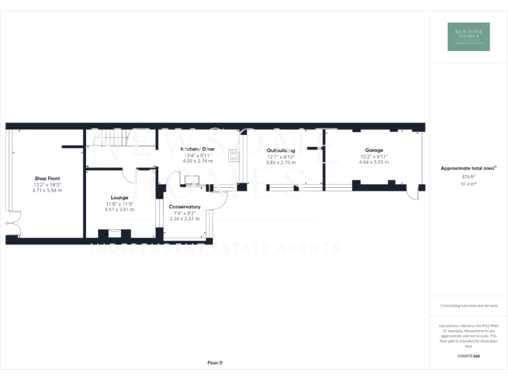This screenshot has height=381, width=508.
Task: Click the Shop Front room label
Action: click(x=46, y=179)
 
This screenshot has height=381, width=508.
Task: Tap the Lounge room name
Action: click(x=120, y=198)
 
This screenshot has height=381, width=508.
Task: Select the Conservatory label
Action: click(x=185, y=207)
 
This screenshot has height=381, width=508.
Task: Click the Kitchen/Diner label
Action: click(x=198, y=149)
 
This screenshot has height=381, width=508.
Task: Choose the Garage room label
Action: click(x=374, y=150)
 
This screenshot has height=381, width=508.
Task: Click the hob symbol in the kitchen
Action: click(x=234, y=155)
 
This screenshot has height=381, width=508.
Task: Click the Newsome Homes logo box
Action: click(x=469, y=36)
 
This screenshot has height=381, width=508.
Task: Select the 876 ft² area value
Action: click(x=468, y=177)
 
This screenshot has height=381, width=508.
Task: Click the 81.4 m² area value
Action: click(x=468, y=184)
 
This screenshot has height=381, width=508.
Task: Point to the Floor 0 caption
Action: click(x=215, y=362)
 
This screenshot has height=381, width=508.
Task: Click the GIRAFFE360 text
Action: click(x=468, y=356)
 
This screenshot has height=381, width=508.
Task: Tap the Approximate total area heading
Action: click(x=468, y=169)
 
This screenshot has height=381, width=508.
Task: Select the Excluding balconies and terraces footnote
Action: click(x=468, y=306)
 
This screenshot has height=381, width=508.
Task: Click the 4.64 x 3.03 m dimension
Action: click(x=374, y=162)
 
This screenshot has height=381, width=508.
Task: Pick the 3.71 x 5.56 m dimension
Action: click(x=46, y=190)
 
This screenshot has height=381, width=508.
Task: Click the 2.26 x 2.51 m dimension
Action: click(x=185, y=218)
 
